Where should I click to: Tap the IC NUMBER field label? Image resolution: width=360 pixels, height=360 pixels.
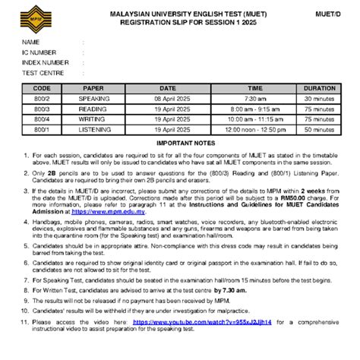coord(39,52)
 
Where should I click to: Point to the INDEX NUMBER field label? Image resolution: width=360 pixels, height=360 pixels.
coord(45,62)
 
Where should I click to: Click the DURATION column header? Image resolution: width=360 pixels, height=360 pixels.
coord(320,88)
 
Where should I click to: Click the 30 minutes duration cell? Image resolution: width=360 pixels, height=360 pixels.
coord(320,99)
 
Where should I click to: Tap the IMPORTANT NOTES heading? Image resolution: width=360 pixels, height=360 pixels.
coord(179,143)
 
